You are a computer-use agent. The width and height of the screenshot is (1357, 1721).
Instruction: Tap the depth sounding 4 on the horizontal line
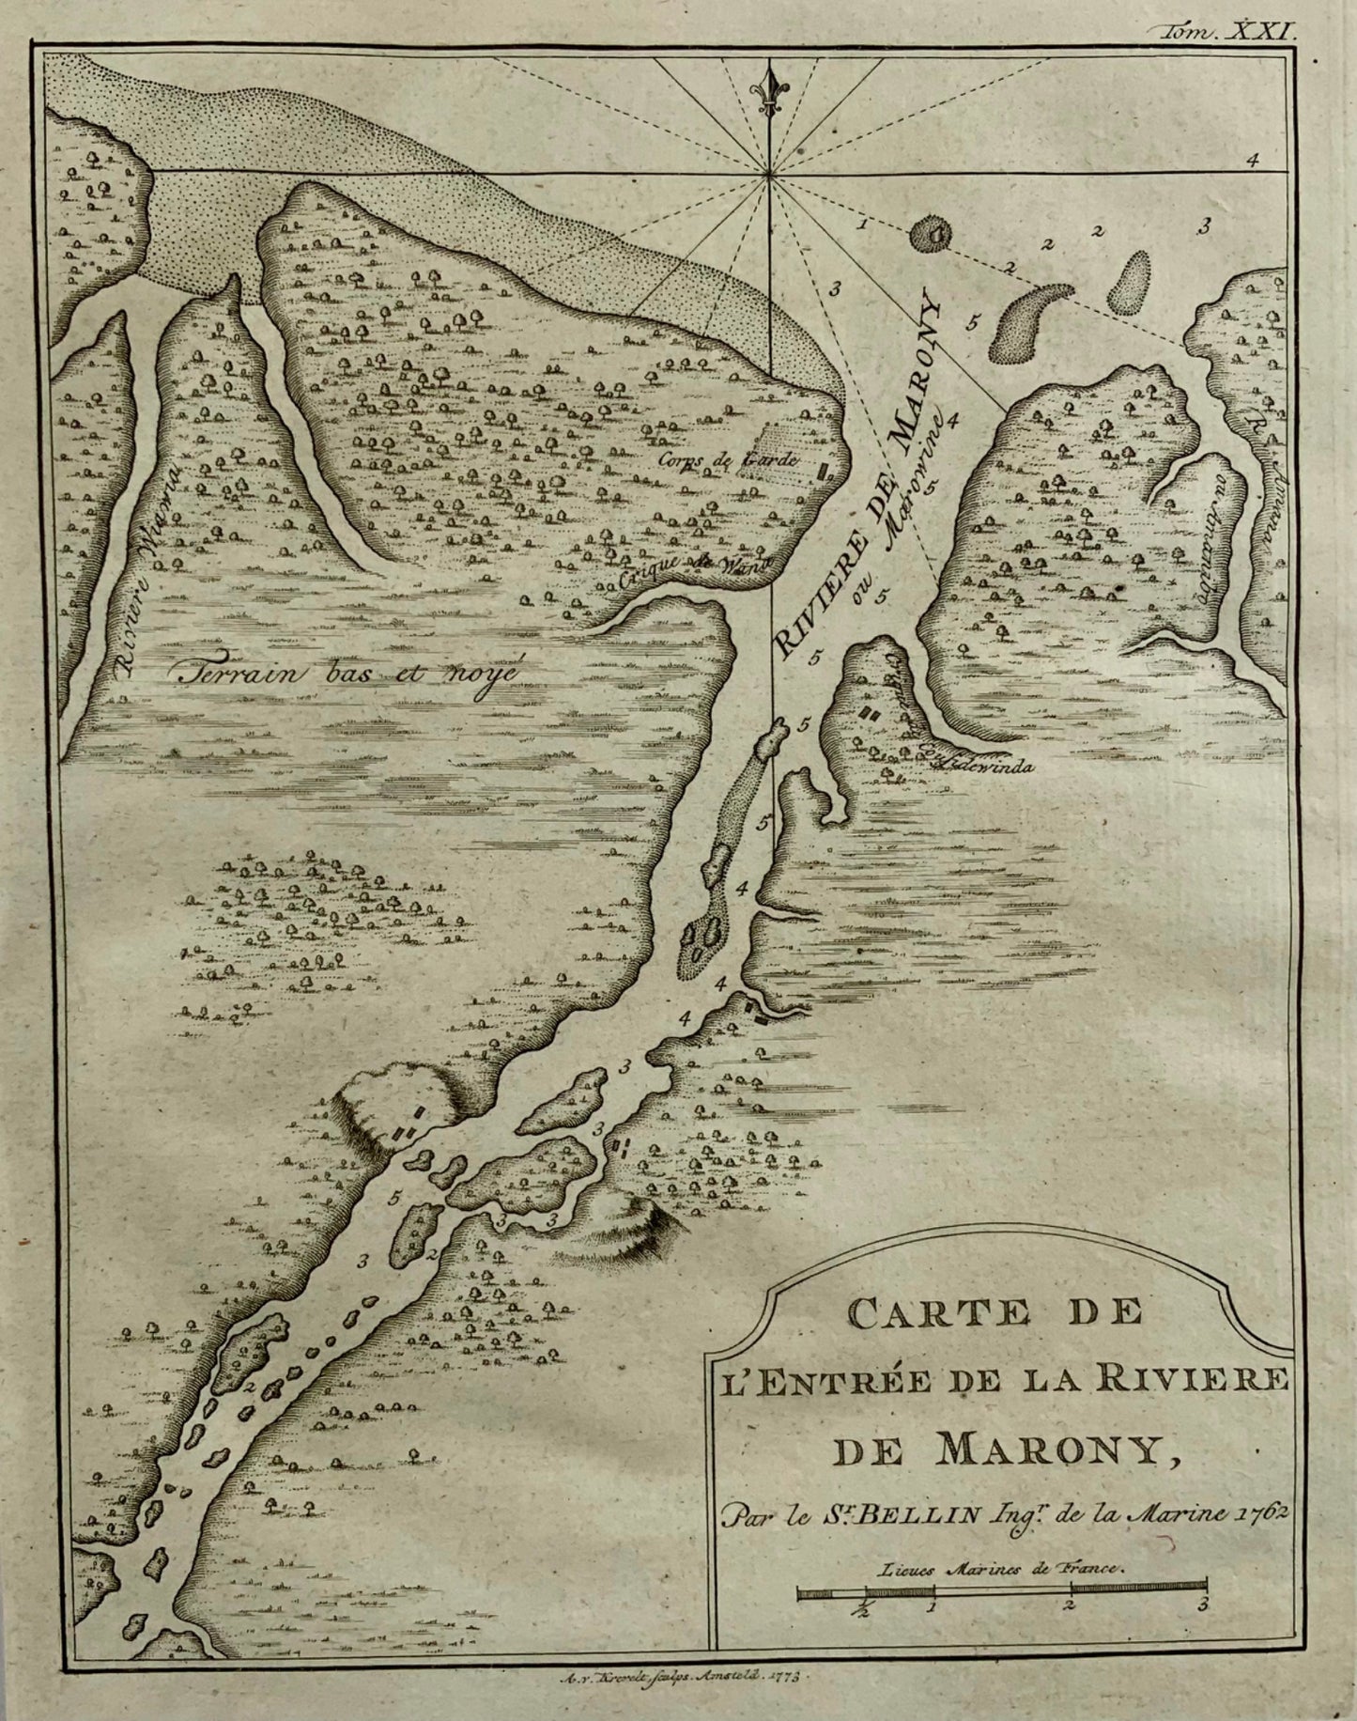pyautogui.click(x=1252, y=160)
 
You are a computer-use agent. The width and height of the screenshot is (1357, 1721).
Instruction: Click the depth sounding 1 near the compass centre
pyautogui.click(x=861, y=225)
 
